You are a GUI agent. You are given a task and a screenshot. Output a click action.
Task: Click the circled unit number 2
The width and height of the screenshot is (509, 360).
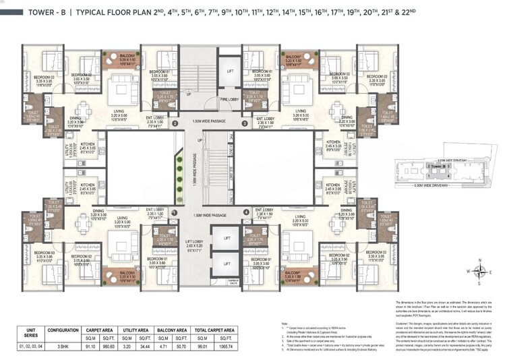[x=175, y=124]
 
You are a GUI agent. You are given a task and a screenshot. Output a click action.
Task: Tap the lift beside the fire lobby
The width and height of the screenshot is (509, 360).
[x=231, y=70]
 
